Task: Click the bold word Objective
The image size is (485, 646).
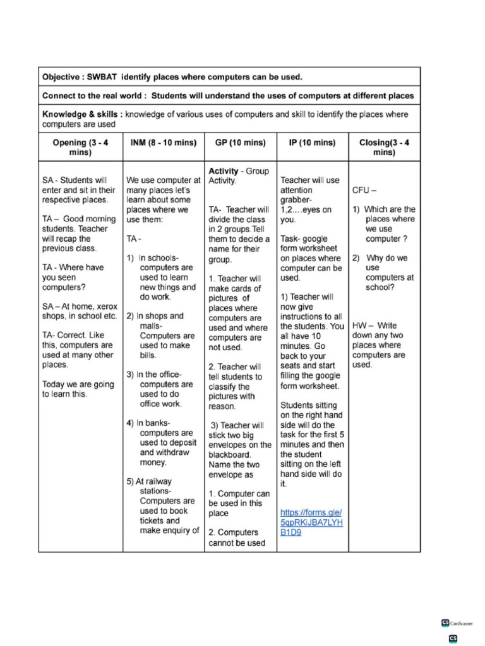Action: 63,77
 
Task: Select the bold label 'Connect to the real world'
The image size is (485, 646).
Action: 94,96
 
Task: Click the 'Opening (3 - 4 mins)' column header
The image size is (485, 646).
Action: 80,148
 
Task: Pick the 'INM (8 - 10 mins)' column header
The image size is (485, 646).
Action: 163,143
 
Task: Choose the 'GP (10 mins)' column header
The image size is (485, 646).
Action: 240,143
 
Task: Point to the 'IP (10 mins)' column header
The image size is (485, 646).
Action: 312,143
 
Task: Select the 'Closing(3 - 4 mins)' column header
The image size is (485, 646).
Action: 384,148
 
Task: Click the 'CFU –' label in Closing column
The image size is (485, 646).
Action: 364,191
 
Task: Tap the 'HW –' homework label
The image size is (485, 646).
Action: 362,326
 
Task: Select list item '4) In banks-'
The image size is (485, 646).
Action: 148,423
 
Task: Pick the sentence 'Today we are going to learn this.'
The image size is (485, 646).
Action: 78,389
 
